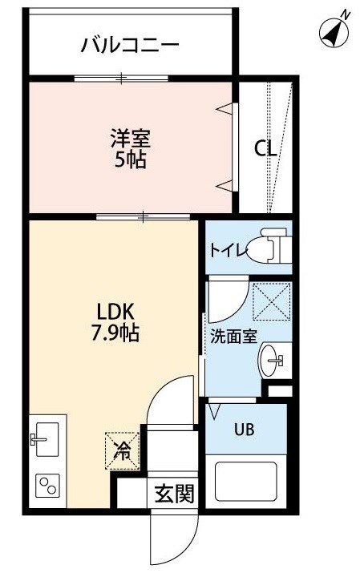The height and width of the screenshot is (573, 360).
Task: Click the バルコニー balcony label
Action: [x=130, y=46]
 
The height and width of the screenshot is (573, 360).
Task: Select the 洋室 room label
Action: [x=131, y=139]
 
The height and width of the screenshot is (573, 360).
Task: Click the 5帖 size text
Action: [x=131, y=159]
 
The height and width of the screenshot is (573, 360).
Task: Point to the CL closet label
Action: [x=265, y=149]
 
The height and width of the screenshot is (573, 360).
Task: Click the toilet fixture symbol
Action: [x=271, y=246]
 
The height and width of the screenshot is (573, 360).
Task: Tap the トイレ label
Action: [x=229, y=251]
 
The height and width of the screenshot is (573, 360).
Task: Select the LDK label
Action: [x=115, y=313]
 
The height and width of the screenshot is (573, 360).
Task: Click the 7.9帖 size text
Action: [x=115, y=333]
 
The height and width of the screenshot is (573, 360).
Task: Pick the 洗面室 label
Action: [x=234, y=337]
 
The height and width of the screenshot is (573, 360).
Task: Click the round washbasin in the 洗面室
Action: [x=269, y=361]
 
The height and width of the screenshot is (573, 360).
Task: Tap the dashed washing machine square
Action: [x=272, y=301]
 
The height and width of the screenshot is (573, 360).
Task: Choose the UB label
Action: [x=244, y=430]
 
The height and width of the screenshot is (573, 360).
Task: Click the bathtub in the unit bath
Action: [x=245, y=482]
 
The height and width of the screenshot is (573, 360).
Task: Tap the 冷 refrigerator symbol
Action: [x=123, y=450]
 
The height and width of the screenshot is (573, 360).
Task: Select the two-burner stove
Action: [x=48, y=486]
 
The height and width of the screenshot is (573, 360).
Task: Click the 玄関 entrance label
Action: [x=174, y=494]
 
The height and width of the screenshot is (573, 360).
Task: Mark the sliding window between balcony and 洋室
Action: [x=121, y=79]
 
